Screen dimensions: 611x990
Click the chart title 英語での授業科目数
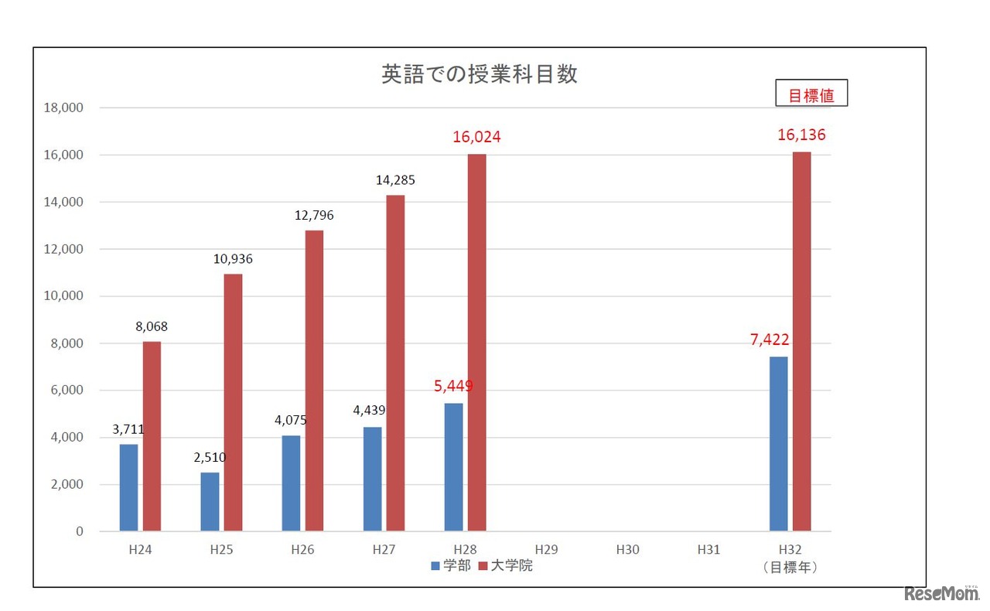[x=480, y=74]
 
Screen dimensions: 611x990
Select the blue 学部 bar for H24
[x=128, y=487]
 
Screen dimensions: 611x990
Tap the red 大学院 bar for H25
[x=233, y=402]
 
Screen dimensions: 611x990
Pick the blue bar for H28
[x=453, y=467]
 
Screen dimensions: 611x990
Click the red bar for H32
[x=801, y=341]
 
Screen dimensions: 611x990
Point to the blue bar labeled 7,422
[x=778, y=444]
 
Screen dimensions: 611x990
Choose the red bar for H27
[x=395, y=363]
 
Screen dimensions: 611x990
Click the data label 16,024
[x=476, y=137]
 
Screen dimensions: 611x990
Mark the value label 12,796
[x=314, y=215]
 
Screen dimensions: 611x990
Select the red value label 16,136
[x=801, y=135]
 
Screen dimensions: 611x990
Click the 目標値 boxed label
[x=811, y=95]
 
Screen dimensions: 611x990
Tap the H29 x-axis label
[x=546, y=550]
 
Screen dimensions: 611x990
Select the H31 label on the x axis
[x=708, y=550]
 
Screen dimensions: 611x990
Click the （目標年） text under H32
[x=790, y=567]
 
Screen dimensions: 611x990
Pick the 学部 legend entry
[x=450, y=565]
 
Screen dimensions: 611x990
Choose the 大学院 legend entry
[x=506, y=565]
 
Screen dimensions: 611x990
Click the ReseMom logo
[x=941, y=594]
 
